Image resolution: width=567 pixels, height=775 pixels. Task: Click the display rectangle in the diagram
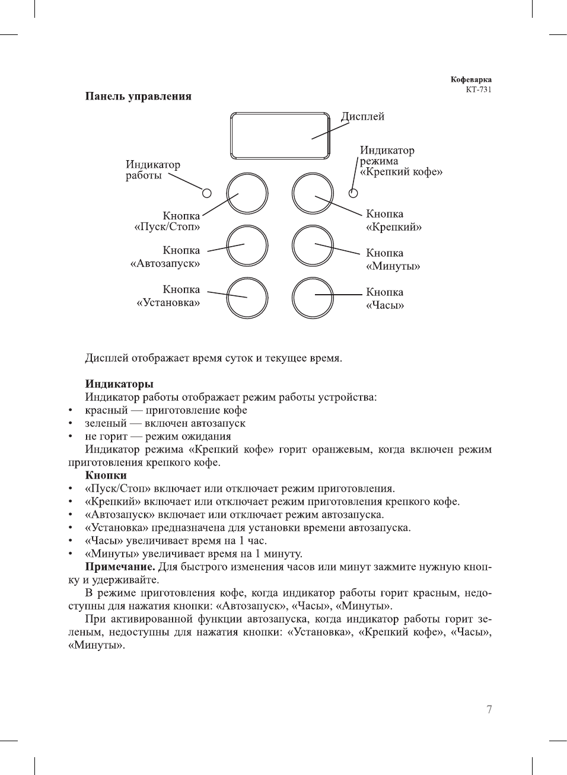(x=280, y=135)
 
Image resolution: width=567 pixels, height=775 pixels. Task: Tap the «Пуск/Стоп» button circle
(x=247, y=193)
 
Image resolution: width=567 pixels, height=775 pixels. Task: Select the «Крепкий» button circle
(x=313, y=193)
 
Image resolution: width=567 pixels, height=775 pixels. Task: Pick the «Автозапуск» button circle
(x=247, y=245)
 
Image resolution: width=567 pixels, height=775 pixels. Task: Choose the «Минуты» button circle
(x=313, y=245)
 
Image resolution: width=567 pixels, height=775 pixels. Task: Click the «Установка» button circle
(x=247, y=298)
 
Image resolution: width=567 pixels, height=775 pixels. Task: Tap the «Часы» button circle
(x=313, y=298)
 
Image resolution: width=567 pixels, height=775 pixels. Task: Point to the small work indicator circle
(x=206, y=193)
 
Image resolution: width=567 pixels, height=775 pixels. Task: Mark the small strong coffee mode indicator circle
(x=353, y=193)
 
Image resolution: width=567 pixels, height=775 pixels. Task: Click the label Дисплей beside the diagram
(x=362, y=117)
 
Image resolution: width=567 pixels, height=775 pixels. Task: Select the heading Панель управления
(x=138, y=96)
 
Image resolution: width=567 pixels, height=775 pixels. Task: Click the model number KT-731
(x=479, y=90)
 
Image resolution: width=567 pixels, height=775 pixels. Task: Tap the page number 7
(x=489, y=710)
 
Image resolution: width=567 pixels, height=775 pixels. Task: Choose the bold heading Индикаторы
(x=119, y=384)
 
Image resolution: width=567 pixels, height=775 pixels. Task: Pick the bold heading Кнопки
(x=106, y=476)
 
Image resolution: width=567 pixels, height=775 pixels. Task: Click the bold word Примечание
(x=120, y=567)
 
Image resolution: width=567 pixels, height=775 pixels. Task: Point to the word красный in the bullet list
(x=106, y=410)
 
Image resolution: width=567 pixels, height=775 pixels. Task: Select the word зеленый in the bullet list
(x=106, y=423)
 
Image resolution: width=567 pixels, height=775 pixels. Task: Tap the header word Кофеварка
(x=471, y=79)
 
